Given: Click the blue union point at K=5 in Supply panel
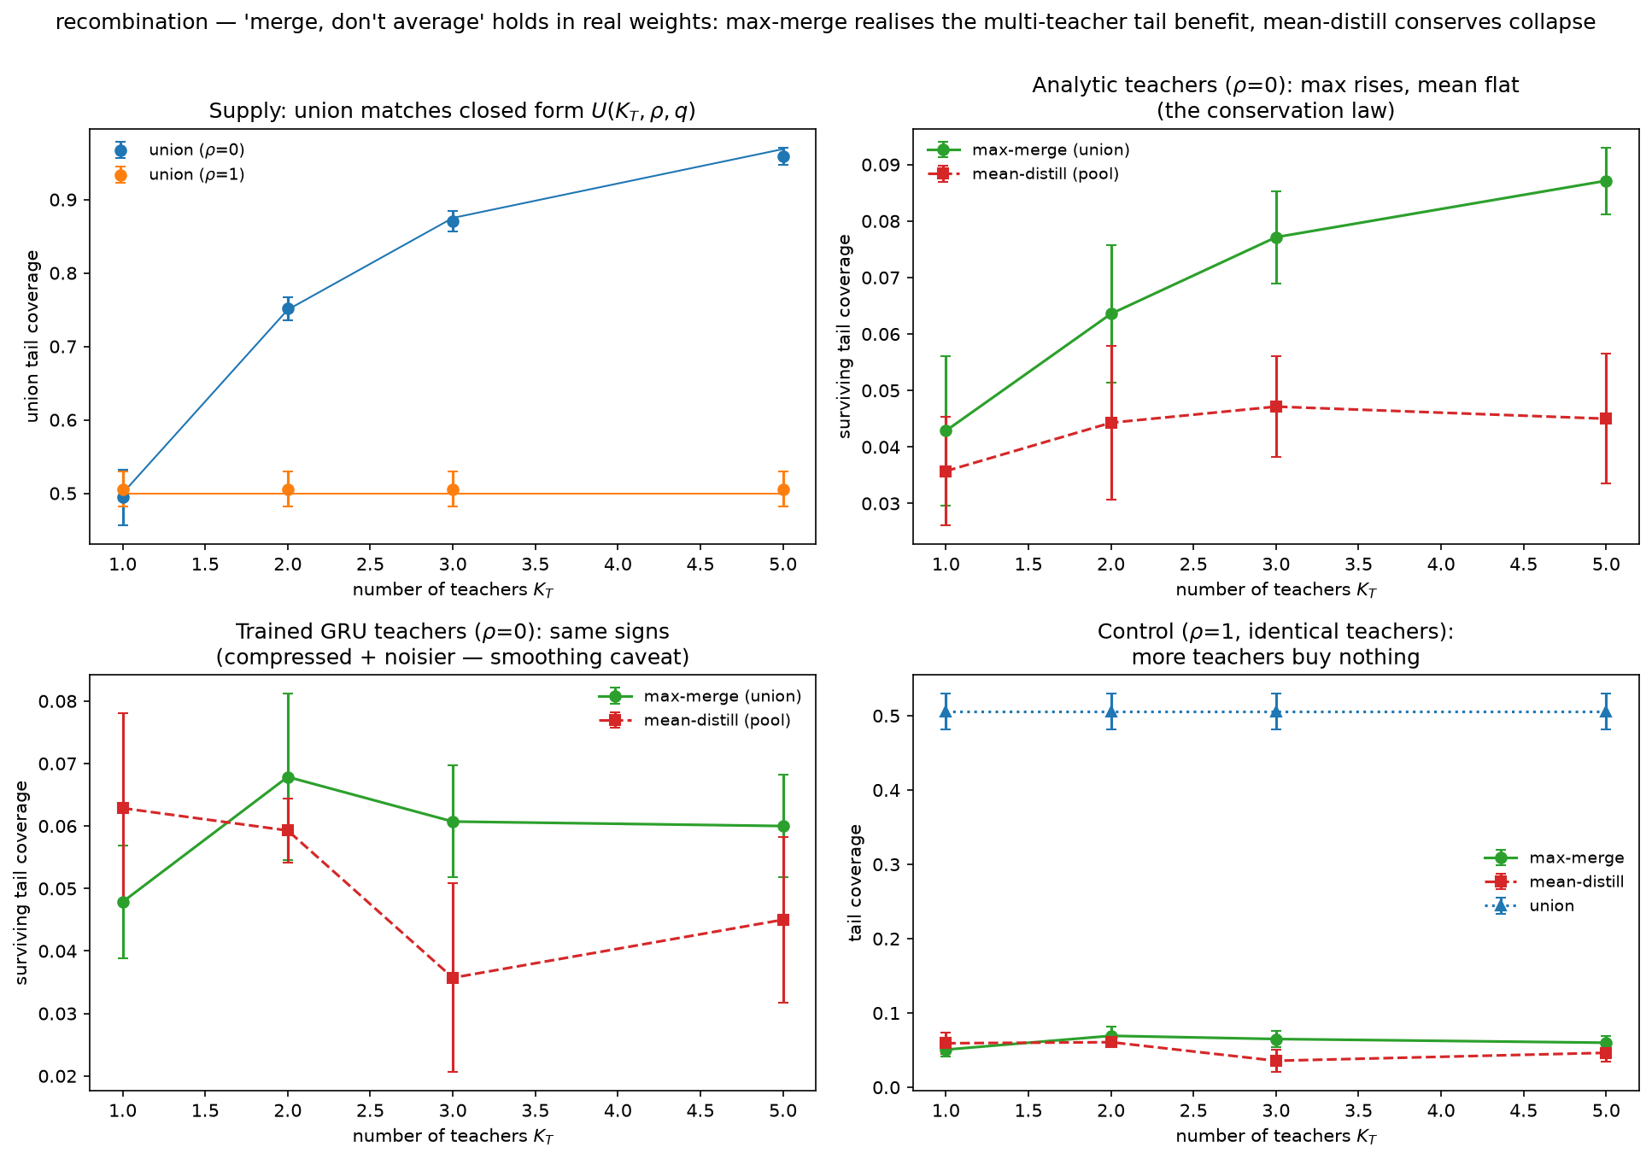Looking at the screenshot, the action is (x=783, y=156).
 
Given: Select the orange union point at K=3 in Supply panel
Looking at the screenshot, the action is (x=453, y=489).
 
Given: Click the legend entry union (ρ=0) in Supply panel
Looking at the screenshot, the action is (x=179, y=150).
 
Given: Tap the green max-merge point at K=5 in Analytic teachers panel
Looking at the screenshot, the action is (x=1606, y=181).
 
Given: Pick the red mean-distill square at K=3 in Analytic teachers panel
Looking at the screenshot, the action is (x=1275, y=407).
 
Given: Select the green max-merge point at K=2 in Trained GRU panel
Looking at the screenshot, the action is (x=288, y=777).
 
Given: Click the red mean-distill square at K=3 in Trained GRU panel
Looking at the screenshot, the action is (x=453, y=977).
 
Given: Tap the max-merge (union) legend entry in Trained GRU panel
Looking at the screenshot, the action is (x=700, y=696).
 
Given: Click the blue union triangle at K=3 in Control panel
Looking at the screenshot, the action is (x=1275, y=711).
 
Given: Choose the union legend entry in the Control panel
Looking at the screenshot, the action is (x=1529, y=906).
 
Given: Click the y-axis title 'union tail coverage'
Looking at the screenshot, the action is (x=32, y=336).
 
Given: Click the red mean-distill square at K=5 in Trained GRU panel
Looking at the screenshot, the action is (x=783, y=920).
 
